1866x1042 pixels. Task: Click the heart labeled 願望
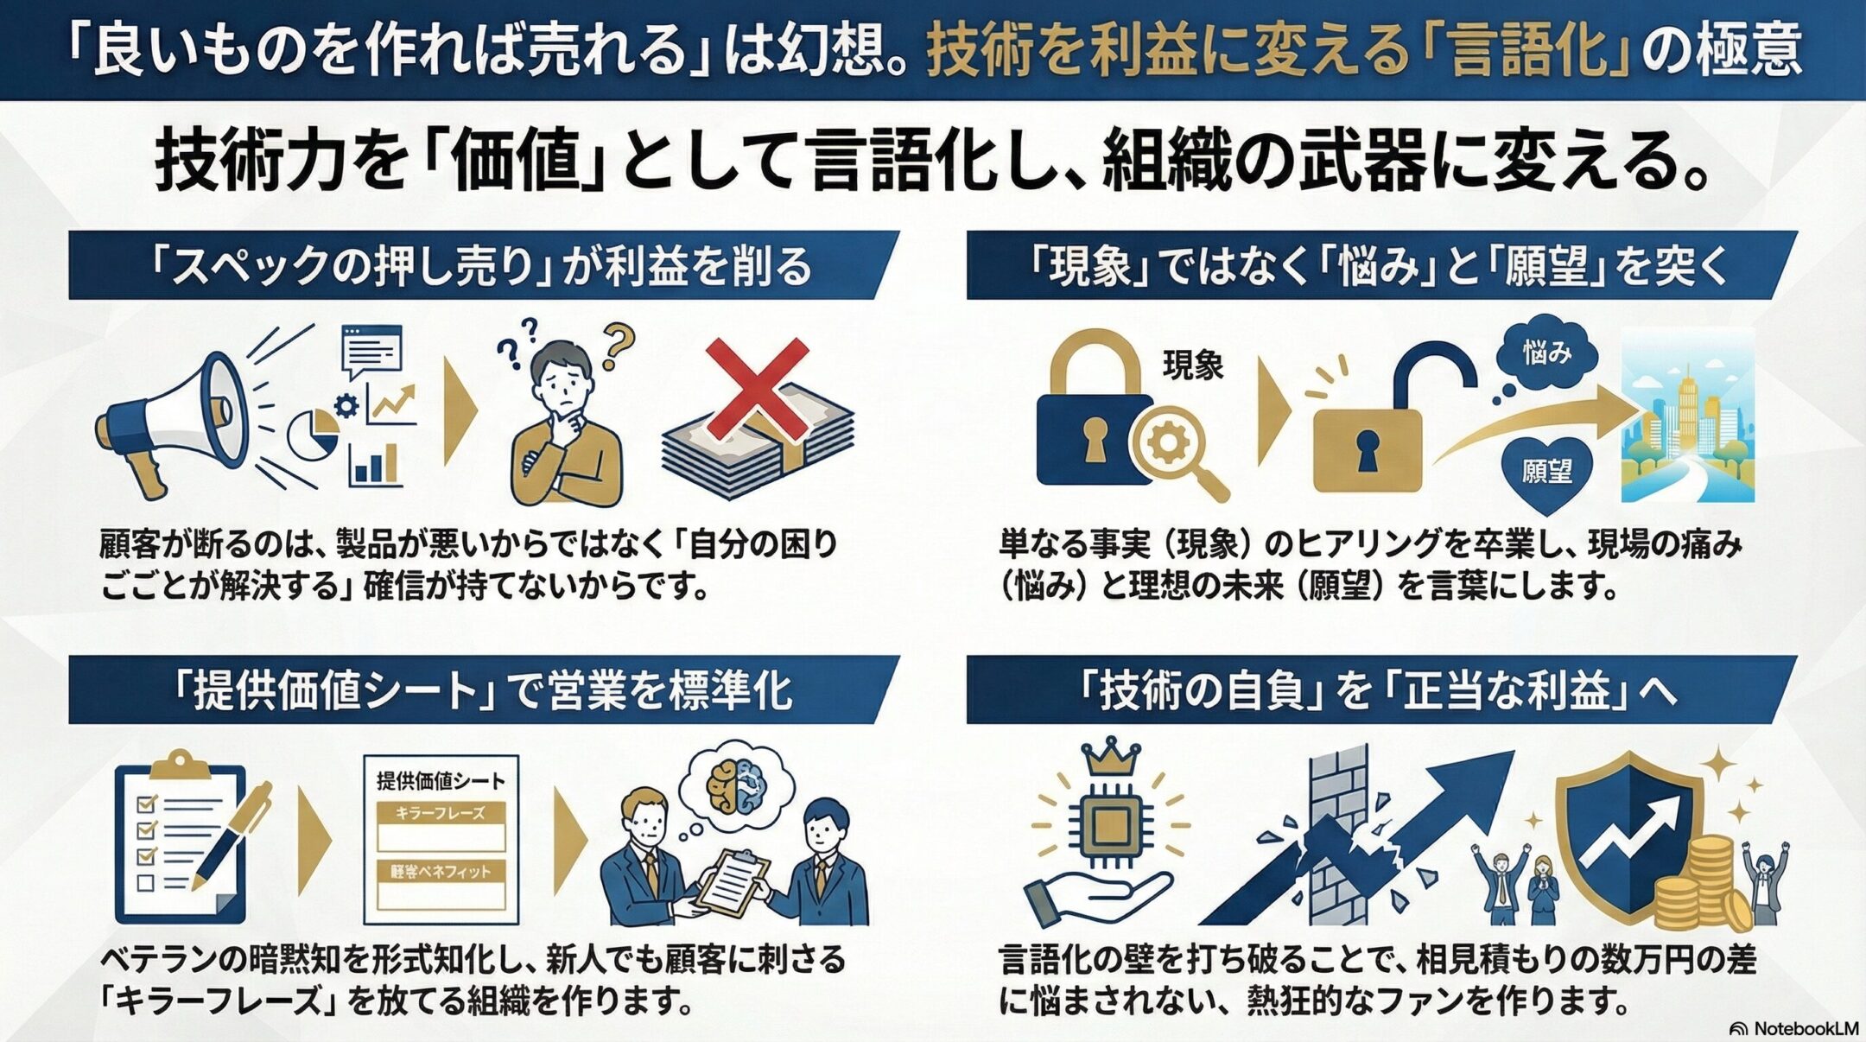1547,471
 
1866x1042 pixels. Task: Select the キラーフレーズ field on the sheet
441,825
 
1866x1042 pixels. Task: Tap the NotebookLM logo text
1793,1028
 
